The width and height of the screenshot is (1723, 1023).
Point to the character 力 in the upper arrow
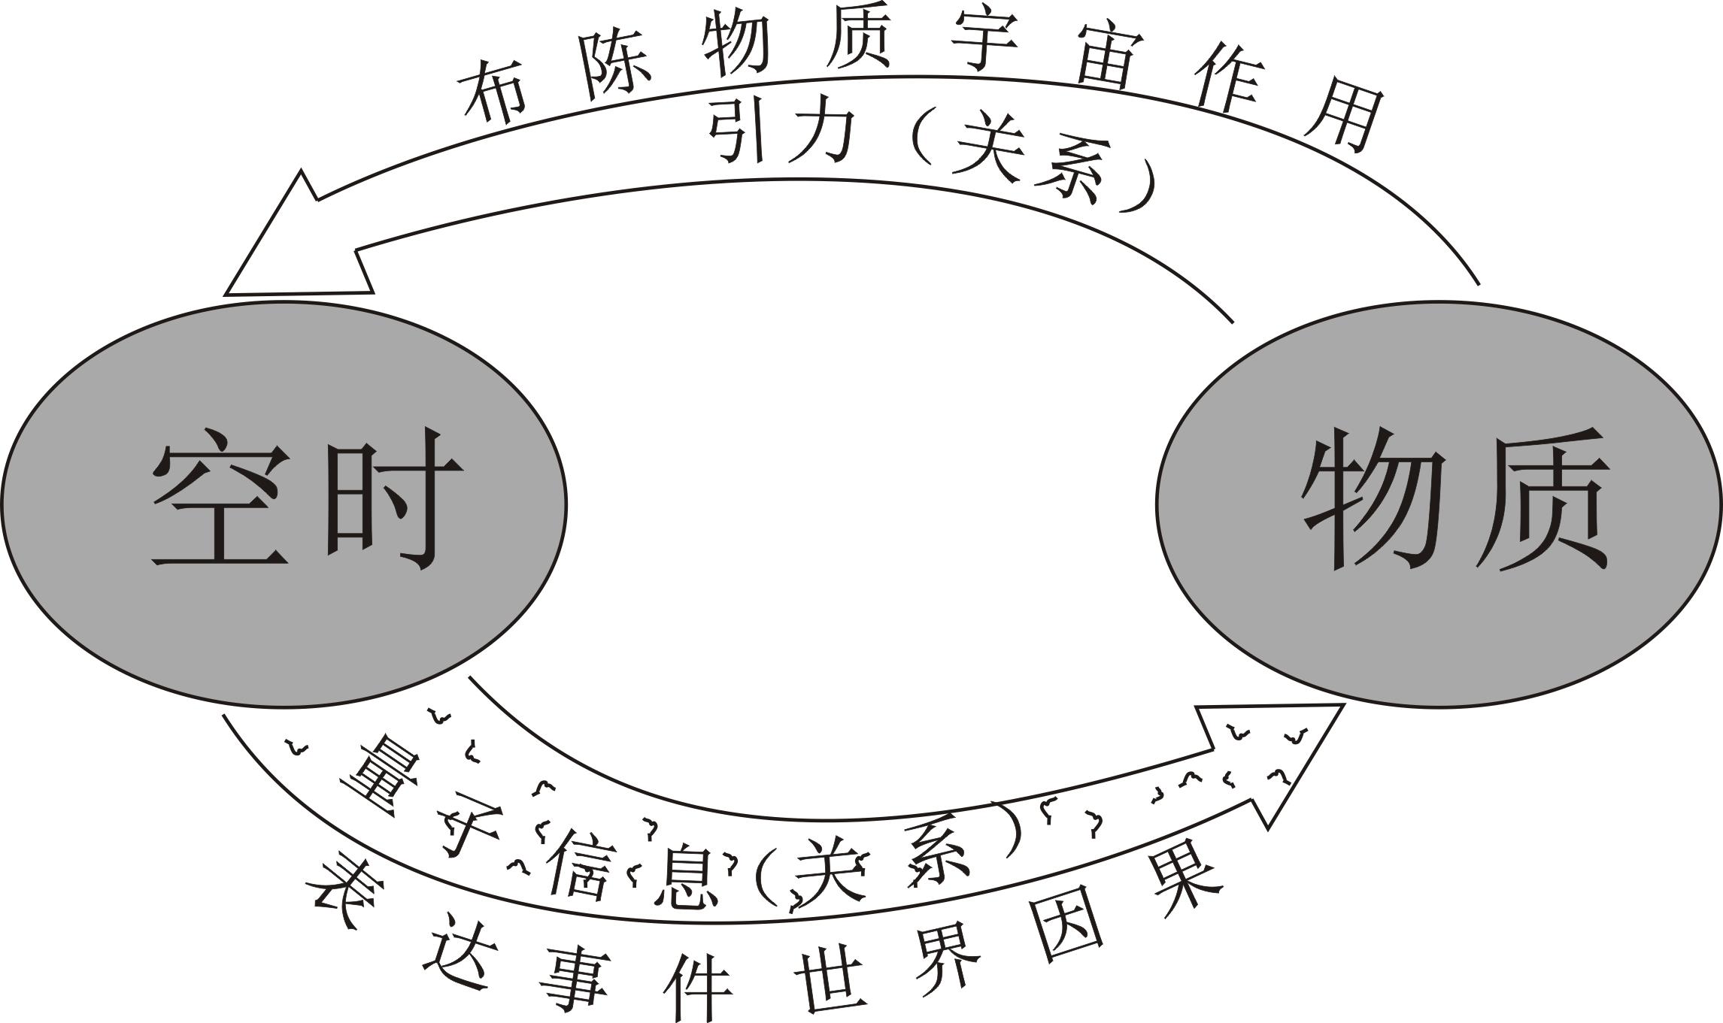pyautogui.click(x=827, y=135)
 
